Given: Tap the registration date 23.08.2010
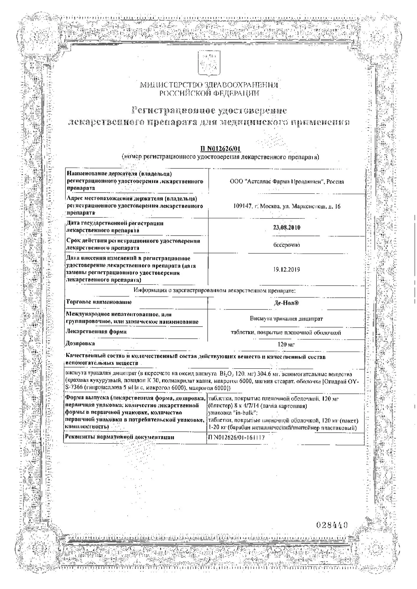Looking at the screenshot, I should coord(287,228).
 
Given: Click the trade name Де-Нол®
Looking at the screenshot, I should coord(286,303).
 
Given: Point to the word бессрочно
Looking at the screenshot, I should coord(286,245).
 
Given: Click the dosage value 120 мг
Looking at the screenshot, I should coord(286,344).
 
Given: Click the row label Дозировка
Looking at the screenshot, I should coord(80,343).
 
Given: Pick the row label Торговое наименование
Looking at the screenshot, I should coord(99,302).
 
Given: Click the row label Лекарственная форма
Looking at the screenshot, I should coord(96,332).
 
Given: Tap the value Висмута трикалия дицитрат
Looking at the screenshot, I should coord(286,319).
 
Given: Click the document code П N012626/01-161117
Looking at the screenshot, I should coord(236,438).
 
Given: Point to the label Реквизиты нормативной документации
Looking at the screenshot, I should coord(119,437).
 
